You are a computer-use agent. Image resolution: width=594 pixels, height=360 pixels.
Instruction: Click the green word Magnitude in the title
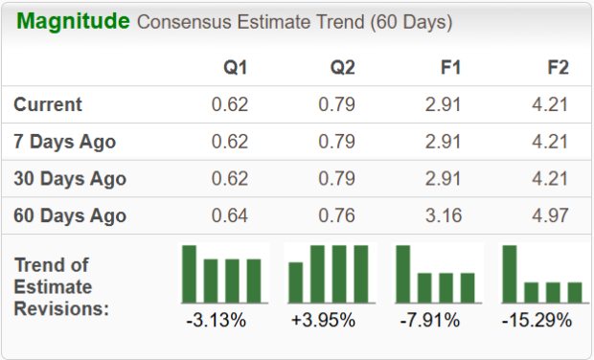pyautogui.click(x=73, y=21)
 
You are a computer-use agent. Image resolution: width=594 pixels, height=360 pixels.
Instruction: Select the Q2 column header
pyautogui.click(x=344, y=68)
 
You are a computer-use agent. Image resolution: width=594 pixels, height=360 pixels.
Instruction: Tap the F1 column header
pyautogui.click(x=451, y=68)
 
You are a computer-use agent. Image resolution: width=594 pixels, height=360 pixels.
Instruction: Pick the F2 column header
pyautogui.click(x=557, y=68)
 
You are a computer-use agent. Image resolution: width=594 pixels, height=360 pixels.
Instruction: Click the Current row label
pyautogui.click(x=48, y=104)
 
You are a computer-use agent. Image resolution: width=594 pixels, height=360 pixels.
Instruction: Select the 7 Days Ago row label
pyautogui.click(x=64, y=142)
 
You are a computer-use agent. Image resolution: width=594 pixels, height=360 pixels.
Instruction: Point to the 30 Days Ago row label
pyautogui.click(x=69, y=179)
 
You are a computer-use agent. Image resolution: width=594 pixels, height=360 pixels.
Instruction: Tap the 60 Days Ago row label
pyautogui.click(x=69, y=215)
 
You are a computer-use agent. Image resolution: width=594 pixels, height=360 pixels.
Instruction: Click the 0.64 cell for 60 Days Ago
pyautogui.click(x=230, y=215)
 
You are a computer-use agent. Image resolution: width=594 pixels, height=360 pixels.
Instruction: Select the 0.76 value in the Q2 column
pyautogui.click(x=337, y=215)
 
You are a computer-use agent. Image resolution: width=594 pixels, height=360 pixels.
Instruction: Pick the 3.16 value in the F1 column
pyautogui.click(x=445, y=215)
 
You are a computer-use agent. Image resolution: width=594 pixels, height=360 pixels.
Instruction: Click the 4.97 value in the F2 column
pyautogui.click(x=550, y=215)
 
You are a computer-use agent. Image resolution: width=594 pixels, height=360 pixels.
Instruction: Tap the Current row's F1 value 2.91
pyautogui.click(x=445, y=104)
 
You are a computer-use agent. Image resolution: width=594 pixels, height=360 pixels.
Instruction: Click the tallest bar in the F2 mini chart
pyautogui.click(x=510, y=274)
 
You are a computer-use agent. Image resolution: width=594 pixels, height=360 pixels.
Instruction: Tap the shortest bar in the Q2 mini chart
pyautogui.click(x=296, y=282)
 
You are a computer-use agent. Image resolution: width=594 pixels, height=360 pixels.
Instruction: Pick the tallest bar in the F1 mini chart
pyautogui.click(x=403, y=274)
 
